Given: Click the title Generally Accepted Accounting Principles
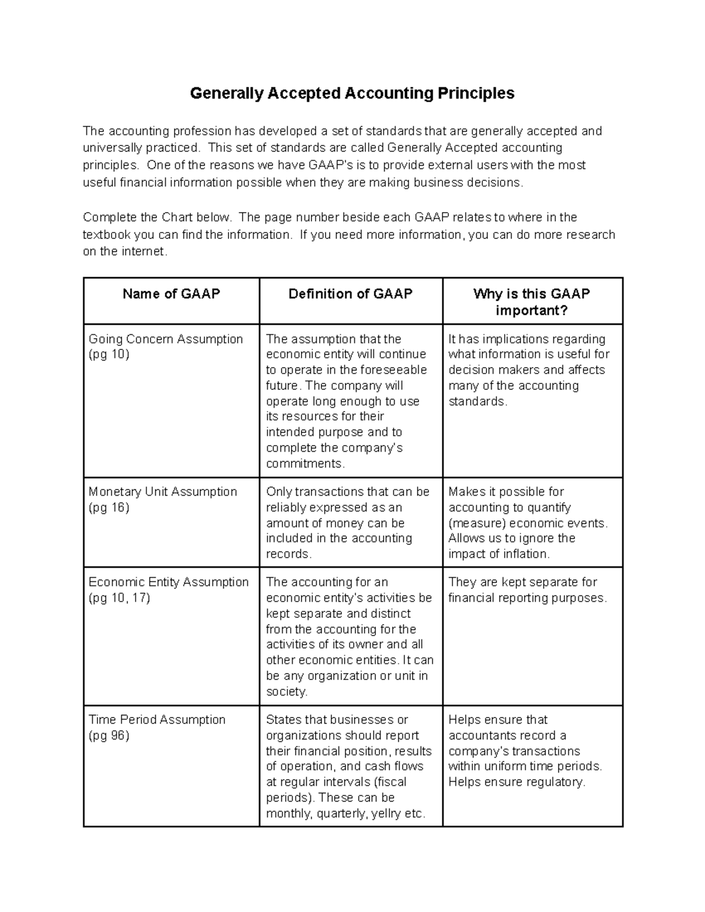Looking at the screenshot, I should click(x=352, y=93).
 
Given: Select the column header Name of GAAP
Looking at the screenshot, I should click(x=171, y=294).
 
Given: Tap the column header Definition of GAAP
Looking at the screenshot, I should click(x=350, y=294).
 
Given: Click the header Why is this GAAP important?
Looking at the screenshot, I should click(x=532, y=302).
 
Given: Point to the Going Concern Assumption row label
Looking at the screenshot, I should click(x=165, y=339).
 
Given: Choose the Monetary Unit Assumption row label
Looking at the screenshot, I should click(x=162, y=492).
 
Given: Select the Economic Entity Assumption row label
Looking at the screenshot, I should click(x=168, y=582).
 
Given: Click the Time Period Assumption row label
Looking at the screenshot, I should click(x=157, y=719).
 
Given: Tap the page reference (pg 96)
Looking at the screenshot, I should click(x=109, y=735).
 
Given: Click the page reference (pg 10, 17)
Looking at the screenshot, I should click(x=119, y=598).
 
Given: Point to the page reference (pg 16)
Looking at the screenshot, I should click(x=109, y=507).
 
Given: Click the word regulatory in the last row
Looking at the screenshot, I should click(x=556, y=782).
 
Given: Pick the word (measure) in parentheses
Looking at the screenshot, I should click(x=476, y=523).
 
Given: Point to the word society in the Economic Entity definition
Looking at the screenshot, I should click(x=286, y=692).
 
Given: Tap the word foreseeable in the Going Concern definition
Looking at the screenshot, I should click(x=393, y=370).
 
